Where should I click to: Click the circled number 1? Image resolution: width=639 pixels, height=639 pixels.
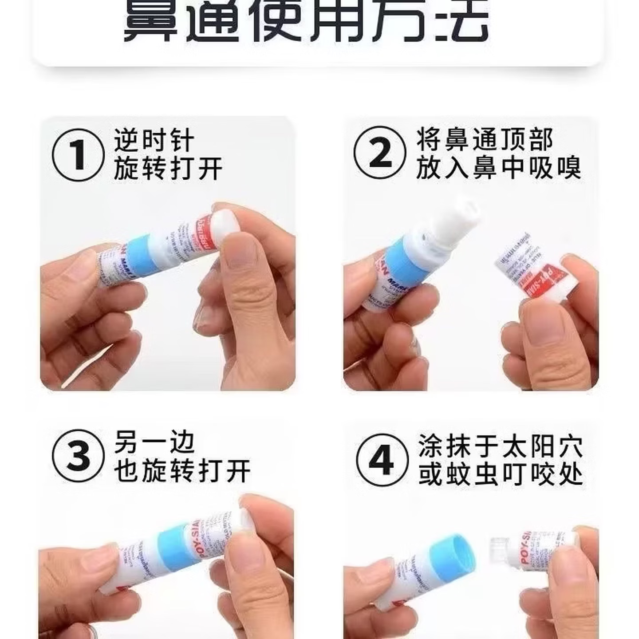[78, 155]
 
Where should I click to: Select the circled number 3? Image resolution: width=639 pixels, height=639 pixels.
[78, 456]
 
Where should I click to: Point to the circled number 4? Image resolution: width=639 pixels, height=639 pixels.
[382, 460]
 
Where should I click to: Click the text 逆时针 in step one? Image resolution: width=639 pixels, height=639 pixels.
[154, 141]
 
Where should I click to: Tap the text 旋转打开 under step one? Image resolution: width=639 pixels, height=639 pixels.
[168, 169]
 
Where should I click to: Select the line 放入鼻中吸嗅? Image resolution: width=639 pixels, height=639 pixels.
[498, 168]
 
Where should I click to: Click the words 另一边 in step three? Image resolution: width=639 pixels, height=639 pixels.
[154, 442]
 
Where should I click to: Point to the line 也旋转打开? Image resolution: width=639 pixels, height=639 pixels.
[182, 471]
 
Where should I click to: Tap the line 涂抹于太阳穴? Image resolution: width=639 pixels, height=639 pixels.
[500, 446]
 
